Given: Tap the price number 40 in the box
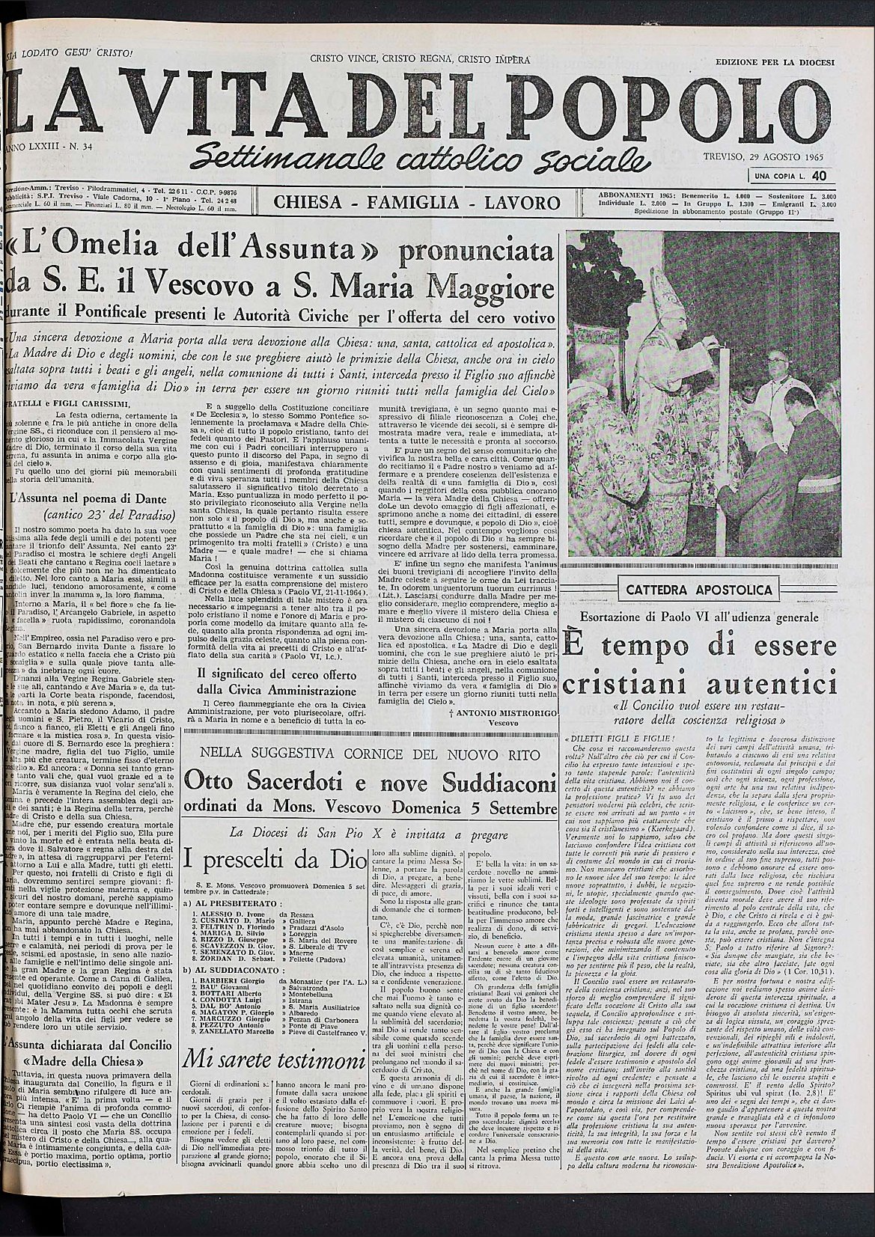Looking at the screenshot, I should pos(818,175).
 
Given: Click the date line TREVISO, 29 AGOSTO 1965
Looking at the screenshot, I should pos(769,158).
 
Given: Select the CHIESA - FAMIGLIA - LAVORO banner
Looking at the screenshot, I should pos(417,202).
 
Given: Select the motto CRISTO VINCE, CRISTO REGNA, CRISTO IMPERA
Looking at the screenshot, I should pos(420,58).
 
